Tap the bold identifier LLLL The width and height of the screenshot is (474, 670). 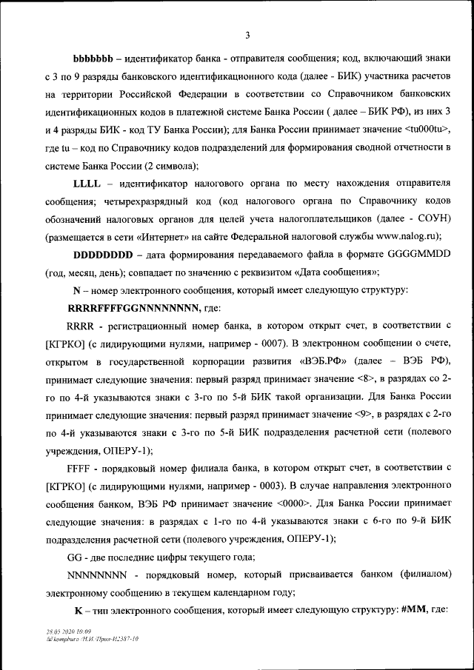point(86,183)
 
